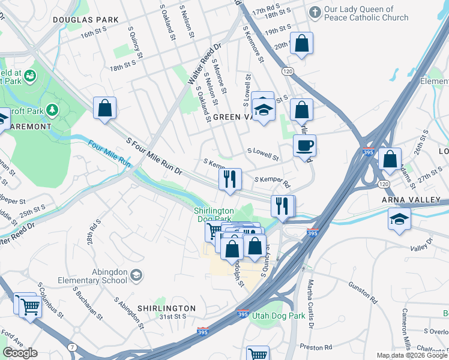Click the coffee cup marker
point(305,145)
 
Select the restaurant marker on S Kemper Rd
point(229,179)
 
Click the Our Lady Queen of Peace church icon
point(315,12)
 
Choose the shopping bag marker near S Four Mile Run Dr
point(104,109)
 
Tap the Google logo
point(20,353)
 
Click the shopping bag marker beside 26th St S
point(390,160)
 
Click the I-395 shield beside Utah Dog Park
point(243,314)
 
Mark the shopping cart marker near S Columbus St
point(30,307)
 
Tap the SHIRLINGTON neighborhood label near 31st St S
point(166,308)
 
